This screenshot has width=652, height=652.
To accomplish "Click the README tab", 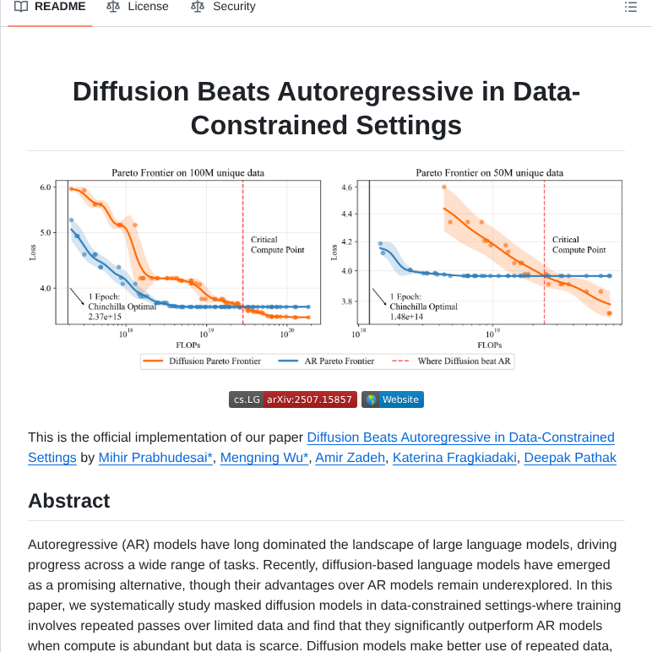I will pyautogui.click(x=50, y=7).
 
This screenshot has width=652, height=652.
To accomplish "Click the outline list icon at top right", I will pyautogui.click(x=630, y=7).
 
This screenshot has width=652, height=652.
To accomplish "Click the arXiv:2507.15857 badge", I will pyautogui.click(x=308, y=399).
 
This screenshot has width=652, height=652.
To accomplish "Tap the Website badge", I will pyautogui.click(x=393, y=399).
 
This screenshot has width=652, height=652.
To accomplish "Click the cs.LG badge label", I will pyautogui.click(x=247, y=399).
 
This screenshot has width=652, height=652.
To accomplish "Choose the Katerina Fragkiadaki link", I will pyautogui.click(x=455, y=458).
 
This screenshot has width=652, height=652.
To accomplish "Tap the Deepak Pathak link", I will pyautogui.click(x=570, y=458).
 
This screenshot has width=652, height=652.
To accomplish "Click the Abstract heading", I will pyautogui.click(x=69, y=501).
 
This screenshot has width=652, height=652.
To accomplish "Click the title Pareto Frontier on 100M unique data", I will pyautogui.click(x=187, y=172).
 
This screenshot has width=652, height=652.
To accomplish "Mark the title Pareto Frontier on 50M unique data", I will pyautogui.click(x=489, y=172).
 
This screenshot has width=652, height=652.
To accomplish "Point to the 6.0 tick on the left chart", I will pyautogui.click(x=46, y=187).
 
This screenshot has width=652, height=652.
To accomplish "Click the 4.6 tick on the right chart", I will pyautogui.click(x=346, y=187).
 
